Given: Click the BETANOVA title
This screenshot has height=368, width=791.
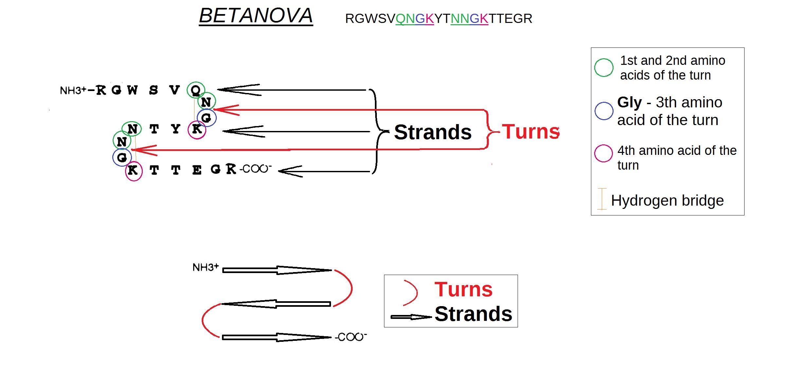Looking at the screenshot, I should pyautogui.click(x=256, y=16).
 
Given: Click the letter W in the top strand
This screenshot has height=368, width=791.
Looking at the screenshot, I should pyautogui.click(x=132, y=90).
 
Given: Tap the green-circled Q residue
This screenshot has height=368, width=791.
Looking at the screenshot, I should pyautogui.click(x=196, y=90).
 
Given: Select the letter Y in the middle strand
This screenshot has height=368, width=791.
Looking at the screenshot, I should pyautogui.click(x=176, y=129).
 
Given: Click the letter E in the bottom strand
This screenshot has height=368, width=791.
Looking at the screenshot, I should pyautogui.click(x=197, y=170).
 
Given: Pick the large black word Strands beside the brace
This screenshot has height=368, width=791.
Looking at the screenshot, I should pyautogui.click(x=432, y=132).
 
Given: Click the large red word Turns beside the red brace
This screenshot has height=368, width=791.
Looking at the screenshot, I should pyautogui.click(x=530, y=132).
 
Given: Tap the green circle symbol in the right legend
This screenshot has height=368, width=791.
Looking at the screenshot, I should pyautogui.click(x=603, y=68).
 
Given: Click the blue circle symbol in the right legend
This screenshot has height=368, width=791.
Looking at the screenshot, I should pyautogui.click(x=603, y=111).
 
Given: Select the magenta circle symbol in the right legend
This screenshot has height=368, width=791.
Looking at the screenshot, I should pyautogui.click(x=603, y=153).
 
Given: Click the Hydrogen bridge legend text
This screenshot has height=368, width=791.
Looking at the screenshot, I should pyautogui.click(x=667, y=200).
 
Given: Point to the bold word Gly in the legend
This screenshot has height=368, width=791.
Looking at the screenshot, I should pyautogui.click(x=629, y=102).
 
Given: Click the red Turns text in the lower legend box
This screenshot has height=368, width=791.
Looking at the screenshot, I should pyautogui.click(x=463, y=289).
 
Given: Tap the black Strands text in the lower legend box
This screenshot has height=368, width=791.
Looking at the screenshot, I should pyautogui.click(x=473, y=314).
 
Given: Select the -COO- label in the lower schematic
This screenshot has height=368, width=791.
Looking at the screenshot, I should pyautogui.click(x=351, y=337).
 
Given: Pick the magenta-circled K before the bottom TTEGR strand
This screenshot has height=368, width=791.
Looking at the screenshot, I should pyautogui.click(x=133, y=170).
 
